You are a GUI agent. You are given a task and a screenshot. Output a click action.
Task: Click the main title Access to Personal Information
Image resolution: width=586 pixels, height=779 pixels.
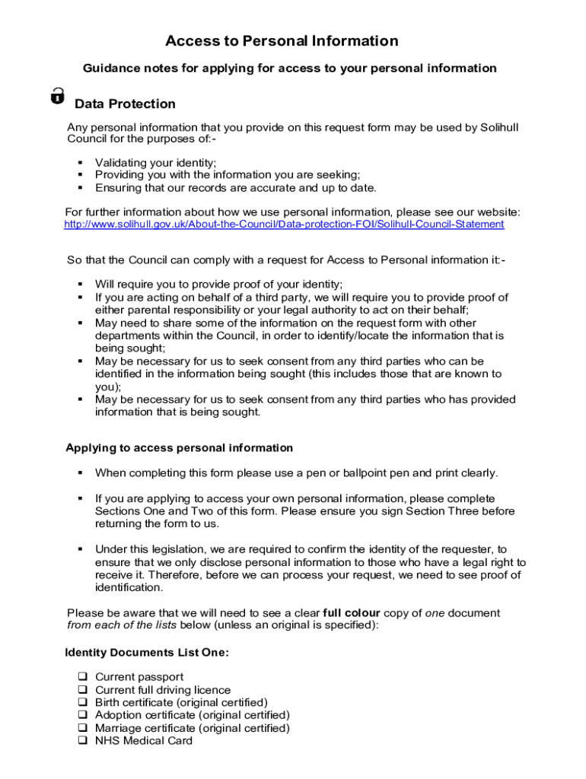[x=282, y=41]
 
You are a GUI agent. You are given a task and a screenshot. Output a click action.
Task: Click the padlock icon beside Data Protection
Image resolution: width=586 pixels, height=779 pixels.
[x=57, y=97]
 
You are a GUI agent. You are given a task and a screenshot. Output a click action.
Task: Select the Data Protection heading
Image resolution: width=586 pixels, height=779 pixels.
[x=125, y=104]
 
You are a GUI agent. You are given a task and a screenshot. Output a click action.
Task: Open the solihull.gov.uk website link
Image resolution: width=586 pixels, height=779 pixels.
[x=284, y=224]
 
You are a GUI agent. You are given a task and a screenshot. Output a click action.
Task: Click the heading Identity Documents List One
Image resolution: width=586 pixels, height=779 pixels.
[x=147, y=653]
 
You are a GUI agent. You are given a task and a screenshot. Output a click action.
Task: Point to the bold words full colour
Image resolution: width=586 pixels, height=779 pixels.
[x=351, y=613]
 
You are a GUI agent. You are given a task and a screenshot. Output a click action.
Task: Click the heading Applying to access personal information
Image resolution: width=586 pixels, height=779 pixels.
[x=179, y=448]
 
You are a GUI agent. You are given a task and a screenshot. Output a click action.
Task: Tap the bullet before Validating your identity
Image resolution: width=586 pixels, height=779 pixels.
[x=80, y=163]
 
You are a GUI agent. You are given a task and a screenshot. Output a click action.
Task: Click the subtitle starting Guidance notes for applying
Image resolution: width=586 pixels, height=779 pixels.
[x=289, y=68]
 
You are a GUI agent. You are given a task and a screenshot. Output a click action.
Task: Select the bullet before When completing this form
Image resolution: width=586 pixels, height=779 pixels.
[x=80, y=473]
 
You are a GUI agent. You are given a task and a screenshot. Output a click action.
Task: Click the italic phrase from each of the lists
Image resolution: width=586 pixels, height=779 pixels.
[x=122, y=625]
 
